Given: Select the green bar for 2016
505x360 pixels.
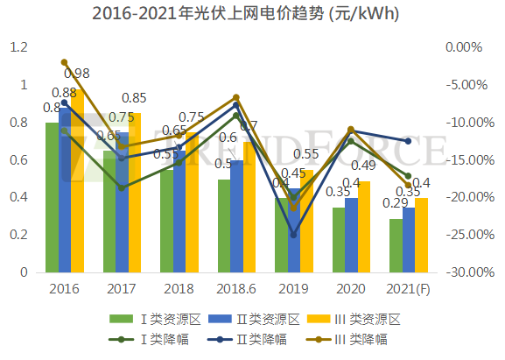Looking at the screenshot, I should click(52, 197).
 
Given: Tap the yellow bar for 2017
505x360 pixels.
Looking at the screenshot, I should click(135, 193).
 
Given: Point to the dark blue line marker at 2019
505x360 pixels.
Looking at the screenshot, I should click(293, 235).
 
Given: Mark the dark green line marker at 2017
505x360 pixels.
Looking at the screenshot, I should click(122, 188).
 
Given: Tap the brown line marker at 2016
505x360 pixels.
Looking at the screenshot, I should click(65, 62).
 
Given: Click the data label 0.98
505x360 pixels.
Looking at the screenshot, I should click(77, 74).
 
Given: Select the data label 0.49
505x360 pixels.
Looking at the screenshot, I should click(362, 166).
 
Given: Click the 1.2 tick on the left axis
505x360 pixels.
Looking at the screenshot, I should click(19, 48).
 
